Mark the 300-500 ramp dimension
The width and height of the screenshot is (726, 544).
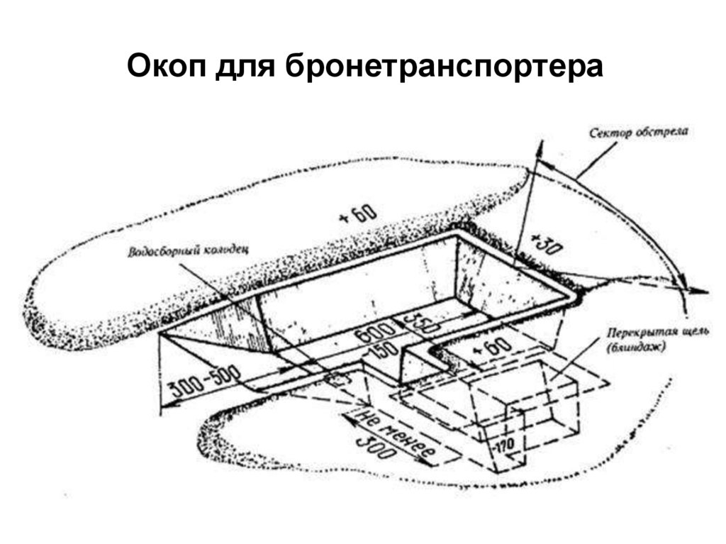(206, 380)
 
